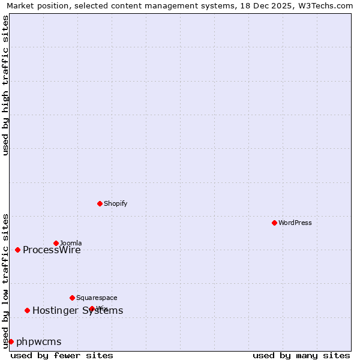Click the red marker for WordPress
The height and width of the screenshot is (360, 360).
pyautogui.click(x=274, y=223)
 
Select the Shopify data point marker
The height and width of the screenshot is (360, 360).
pyautogui.click(x=100, y=203)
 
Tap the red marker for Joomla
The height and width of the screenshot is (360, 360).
pyautogui.click(x=56, y=243)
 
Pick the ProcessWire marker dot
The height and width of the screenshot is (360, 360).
pyautogui.click(x=17, y=250)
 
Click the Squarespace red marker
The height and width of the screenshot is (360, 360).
pyautogui.click(x=72, y=298)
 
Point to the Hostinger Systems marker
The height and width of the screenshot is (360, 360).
pyautogui.click(x=27, y=310)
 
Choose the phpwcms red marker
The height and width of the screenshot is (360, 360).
pyautogui.click(x=11, y=341)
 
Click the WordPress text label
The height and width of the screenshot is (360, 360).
pyautogui.click(x=295, y=223)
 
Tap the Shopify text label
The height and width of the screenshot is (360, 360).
pyautogui.click(x=116, y=203)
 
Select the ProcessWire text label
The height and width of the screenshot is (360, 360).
pyautogui.click(x=52, y=250)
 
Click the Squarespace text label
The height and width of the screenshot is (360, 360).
pyautogui.click(x=97, y=298)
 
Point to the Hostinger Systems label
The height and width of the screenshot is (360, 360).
pyautogui.click(x=78, y=310)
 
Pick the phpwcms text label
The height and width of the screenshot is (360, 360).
pyautogui.click(x=39, y=342)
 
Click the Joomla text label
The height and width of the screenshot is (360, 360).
pyautogui.click(x=71, y=243)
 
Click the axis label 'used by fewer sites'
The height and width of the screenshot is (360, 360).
pyautogui.click(x=62, y=355)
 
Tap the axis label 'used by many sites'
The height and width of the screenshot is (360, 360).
pyautogui.click(x=301, y=355)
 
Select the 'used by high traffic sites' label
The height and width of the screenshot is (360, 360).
pyautogui.click(x=5, y=85)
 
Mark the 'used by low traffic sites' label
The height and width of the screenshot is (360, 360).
pyautogui.click(x=5, y=280)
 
